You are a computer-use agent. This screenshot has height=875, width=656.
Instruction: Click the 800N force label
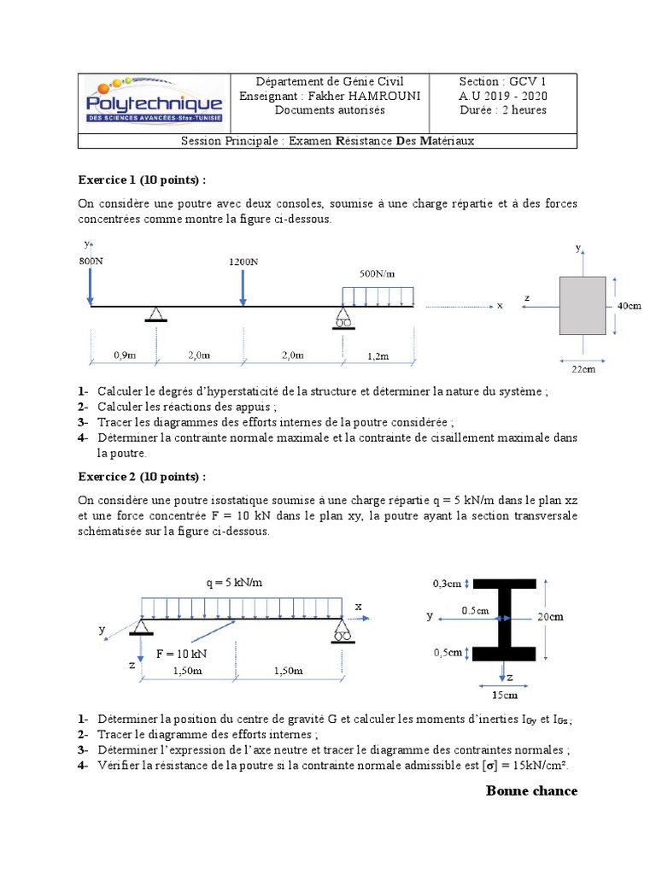pos(92,261)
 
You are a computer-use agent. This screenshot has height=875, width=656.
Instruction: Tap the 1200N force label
pos(243,261)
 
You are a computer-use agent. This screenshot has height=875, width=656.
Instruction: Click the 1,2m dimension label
pos(377,354)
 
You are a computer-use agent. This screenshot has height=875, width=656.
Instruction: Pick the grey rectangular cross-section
pos(583,305)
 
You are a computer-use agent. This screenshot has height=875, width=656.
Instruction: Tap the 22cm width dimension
pos(583,368)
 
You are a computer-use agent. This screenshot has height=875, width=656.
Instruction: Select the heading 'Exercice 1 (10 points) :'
pos(142,181)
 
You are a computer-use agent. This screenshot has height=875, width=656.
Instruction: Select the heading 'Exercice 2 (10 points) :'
pos(142,476)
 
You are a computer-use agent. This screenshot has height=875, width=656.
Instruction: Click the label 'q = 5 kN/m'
pos(234,582)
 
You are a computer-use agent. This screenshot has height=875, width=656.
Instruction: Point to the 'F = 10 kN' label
pos(182,653)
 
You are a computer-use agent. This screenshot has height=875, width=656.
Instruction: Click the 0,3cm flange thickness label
pos(447,584)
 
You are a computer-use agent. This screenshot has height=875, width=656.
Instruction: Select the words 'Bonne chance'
pos(531,790)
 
